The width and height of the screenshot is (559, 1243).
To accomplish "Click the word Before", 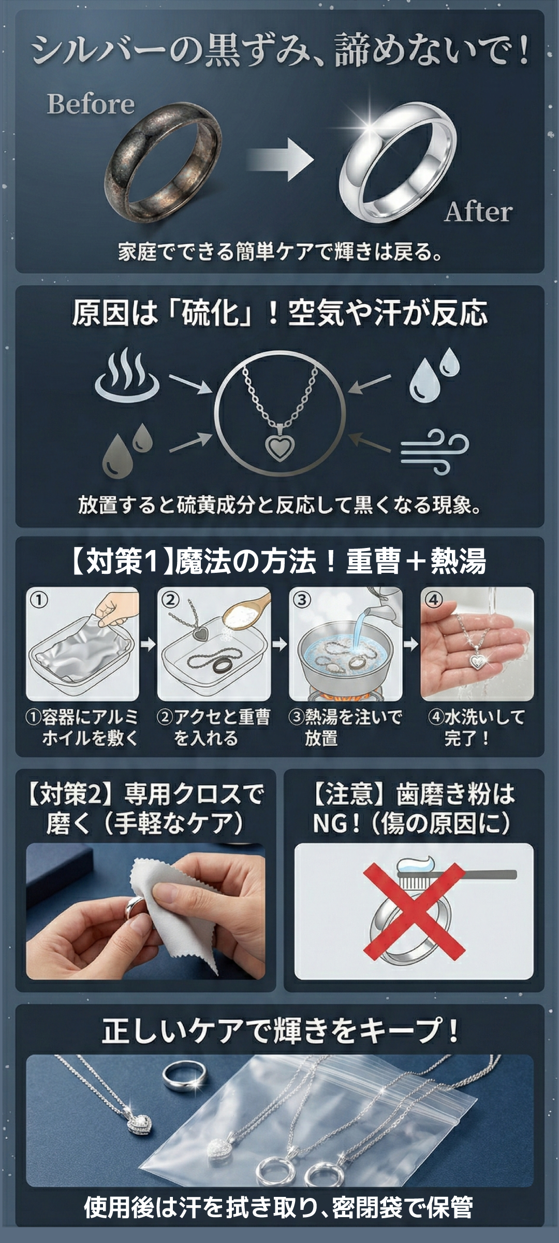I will [x=91, y=104].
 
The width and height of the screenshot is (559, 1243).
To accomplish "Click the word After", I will [x=478, y=212].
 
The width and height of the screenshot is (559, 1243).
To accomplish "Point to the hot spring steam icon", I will [x=127, y=375].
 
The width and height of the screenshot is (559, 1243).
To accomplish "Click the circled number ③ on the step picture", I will [x=302, y=600].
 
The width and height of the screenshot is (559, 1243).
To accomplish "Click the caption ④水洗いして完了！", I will [x=476, y=727].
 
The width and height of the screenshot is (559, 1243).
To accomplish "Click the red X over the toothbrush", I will [x=414, y=910].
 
